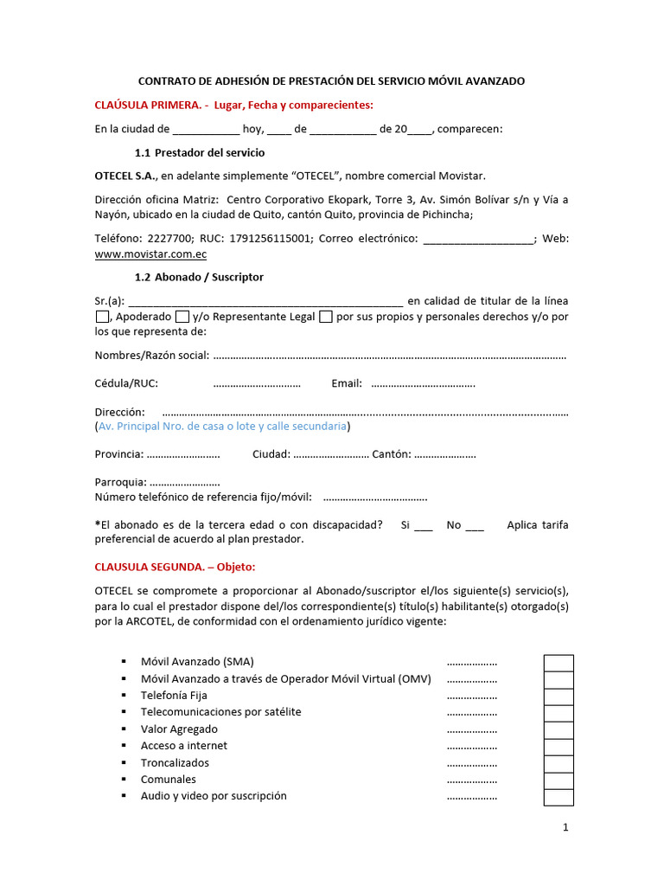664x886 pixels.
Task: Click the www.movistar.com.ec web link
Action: click(x=150, y=254)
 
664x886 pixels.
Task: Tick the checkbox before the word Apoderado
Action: click(x=102, y=318)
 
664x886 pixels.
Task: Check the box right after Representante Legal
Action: click(x=326, y=318)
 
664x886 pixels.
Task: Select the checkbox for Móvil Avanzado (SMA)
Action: click(x=558, y=663)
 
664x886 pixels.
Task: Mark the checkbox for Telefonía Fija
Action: click(x=558, y=697)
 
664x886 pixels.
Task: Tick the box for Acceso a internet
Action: click(x=558, y=747)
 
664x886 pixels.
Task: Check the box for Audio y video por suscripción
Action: click(x=558, y=797)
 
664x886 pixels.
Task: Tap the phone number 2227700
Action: click(x=172, y=238)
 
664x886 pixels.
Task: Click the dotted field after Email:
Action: click(x=422, y=383)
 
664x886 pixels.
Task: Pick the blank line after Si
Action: click(x=423, y=525)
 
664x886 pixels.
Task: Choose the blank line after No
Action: click(x=475, y=525)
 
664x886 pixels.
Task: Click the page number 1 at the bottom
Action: click(x=565, y=828)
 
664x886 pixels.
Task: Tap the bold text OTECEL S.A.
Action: click(x=125, y=176)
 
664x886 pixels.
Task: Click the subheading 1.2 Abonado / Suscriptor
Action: click(x=200, y=277)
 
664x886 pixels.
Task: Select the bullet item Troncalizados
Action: click(x=175, y=763)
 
